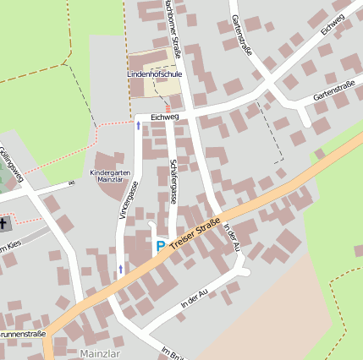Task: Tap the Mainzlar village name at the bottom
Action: click(100, 352)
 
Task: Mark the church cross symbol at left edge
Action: click(4, 224)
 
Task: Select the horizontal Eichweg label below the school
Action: click(165, 117)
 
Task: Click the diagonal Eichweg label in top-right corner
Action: click(333, 25)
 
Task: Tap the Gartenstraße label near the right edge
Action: click(333, 91)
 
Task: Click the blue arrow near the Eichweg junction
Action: click(139, 125)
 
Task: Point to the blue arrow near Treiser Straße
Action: click(119, 269)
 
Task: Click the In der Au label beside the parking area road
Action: click(194, 297)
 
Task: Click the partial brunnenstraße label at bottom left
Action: click(22, 335)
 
